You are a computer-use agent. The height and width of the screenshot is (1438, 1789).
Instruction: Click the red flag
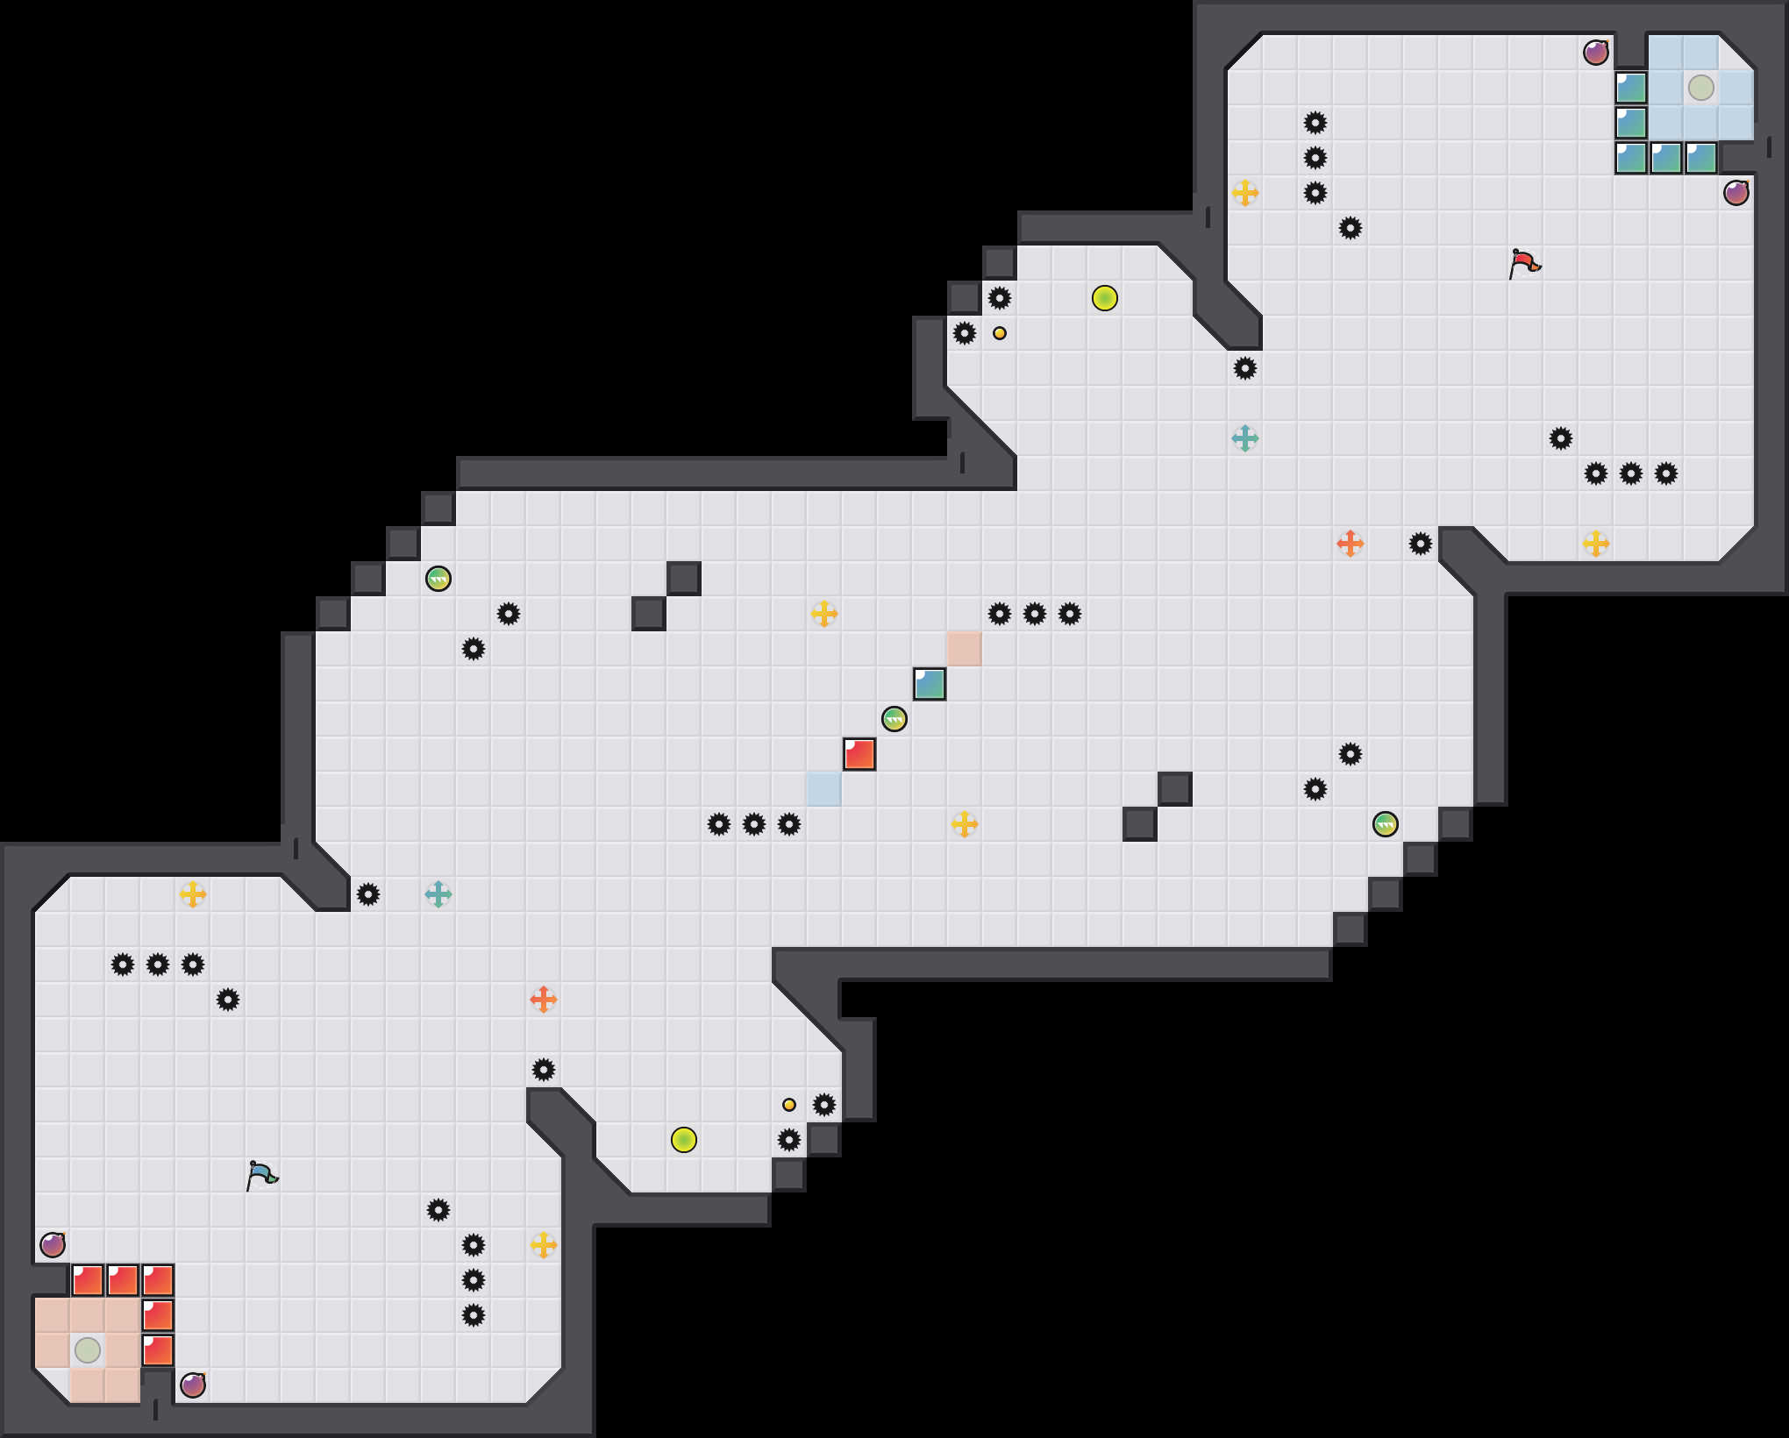[1524, 263]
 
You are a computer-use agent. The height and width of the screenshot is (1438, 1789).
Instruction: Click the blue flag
[261, 1175]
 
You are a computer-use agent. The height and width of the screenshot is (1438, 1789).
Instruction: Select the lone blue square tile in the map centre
[930, 684]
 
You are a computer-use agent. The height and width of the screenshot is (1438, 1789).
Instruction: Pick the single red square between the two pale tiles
[859, 754]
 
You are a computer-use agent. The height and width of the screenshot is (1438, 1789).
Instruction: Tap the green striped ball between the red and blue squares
[894, 719]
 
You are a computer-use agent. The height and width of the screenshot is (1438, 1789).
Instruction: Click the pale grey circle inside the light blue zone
[1701, 88]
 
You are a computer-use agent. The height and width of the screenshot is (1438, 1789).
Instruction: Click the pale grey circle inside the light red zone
[88, 1350]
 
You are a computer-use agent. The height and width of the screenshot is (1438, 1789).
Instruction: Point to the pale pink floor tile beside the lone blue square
[965, 649]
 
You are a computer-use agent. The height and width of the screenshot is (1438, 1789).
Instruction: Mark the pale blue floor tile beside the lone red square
[824, 789]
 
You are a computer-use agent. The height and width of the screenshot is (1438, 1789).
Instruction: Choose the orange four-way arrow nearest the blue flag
[544, 1000]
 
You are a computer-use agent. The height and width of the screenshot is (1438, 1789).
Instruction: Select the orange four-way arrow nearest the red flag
[1351, 544]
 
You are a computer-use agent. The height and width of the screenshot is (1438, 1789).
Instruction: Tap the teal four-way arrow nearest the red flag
[1245, 438]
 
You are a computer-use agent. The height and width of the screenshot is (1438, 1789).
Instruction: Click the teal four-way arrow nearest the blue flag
[438, 894]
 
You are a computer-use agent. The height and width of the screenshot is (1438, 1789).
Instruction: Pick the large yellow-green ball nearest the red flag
[1105, 298]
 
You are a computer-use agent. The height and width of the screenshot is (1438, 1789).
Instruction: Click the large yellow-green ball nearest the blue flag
[684, 1140]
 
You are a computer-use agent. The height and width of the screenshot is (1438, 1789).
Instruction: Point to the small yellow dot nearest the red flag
[1000, 333]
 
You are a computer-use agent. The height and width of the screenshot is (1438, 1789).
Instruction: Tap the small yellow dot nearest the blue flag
[789, 1105]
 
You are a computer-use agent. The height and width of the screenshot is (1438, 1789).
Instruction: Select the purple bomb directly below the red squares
[193, 1385]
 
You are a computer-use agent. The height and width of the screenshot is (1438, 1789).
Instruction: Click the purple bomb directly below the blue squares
[1736, 193]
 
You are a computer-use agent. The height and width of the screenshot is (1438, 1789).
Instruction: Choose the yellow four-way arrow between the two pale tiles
[965, 824]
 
